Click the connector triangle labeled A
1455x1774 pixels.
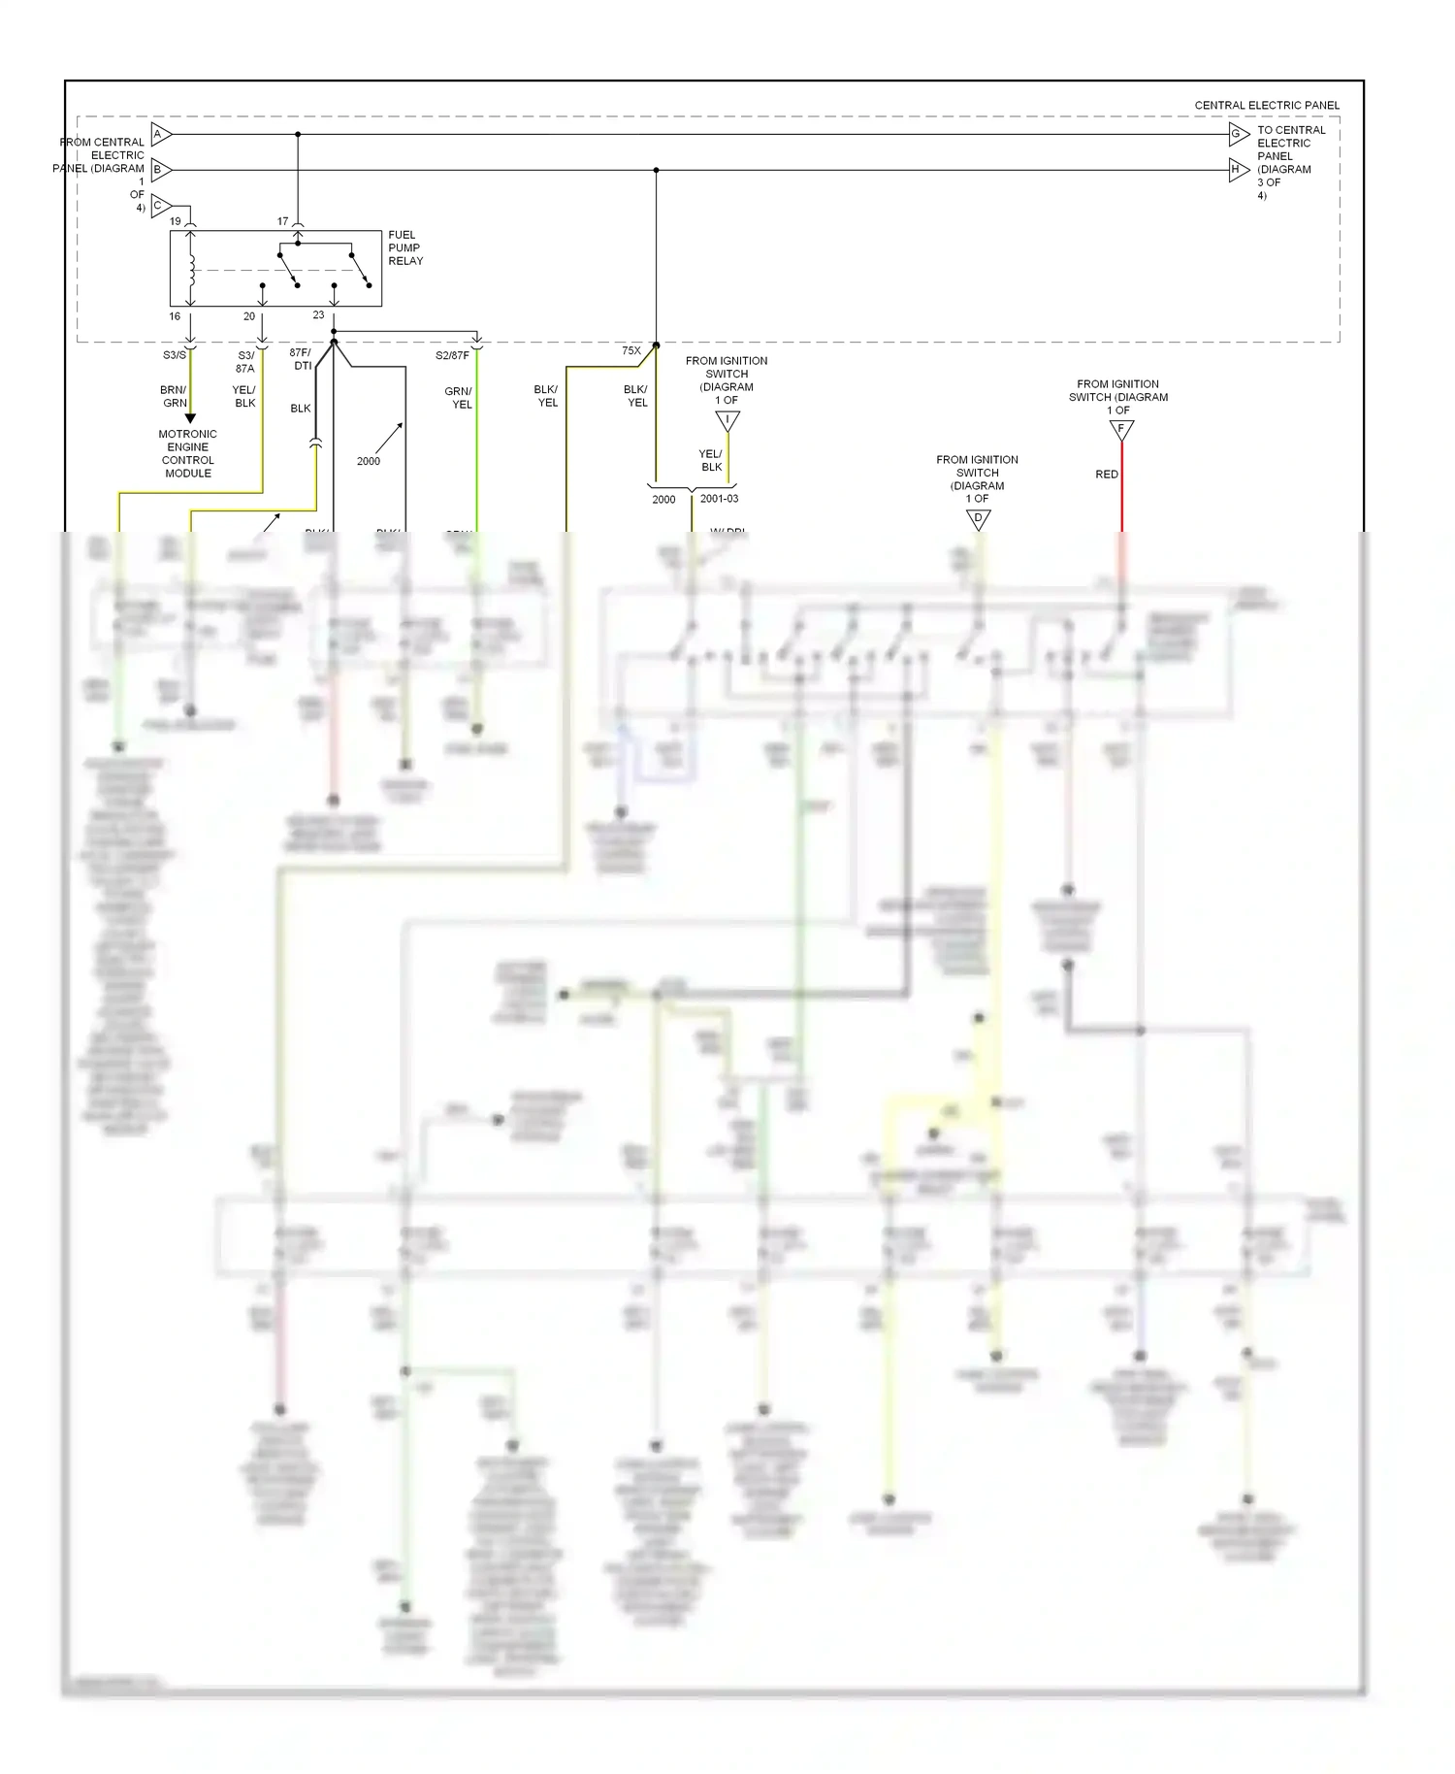(161, 134)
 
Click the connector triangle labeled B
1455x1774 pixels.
(161, 170)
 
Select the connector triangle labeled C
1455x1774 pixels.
(161, 206)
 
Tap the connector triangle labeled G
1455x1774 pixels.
(1238, 134)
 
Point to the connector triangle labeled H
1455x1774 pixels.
(1238, 170)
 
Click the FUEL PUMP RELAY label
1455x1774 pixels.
(405, 247)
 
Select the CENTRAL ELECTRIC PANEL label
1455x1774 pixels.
(1266, 105)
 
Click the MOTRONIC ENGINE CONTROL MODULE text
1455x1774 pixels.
(187, 453)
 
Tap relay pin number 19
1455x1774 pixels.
(176, 221)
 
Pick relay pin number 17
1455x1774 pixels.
(283, 221)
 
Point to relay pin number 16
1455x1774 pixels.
(175, 316)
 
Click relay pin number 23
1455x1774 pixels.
(318, 315)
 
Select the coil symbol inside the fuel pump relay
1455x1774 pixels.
(192, 271)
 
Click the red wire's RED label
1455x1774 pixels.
(1107, 475)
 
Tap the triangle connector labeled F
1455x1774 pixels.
(1121, 429)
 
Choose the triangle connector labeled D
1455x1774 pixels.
(978, 519)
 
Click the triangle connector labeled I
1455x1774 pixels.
(727, 421)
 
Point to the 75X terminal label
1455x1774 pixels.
(630, 351)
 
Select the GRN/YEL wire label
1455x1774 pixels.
(458, 398)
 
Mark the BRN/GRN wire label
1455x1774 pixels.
(175, 396)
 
